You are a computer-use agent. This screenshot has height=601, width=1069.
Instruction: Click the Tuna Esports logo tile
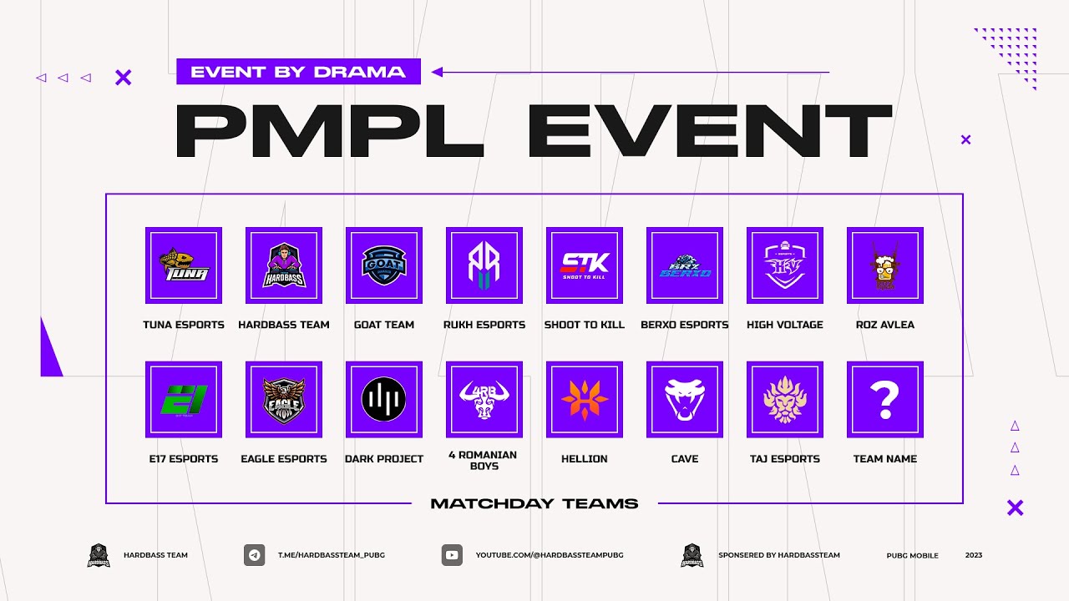tap(184, 265)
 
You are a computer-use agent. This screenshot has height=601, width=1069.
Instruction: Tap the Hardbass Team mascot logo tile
tap(284, 265)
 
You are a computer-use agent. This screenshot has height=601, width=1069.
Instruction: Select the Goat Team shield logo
tap(384, 265)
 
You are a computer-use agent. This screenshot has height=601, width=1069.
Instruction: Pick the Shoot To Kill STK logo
tap(585, 265)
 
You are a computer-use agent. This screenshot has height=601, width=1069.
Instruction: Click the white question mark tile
tap(885, 400)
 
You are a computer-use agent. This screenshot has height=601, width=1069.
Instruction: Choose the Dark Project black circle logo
tap(384, 400)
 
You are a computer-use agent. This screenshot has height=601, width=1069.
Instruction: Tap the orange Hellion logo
tap(585, 400)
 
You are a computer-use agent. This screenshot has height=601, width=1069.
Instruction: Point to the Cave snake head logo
tap(685, 400)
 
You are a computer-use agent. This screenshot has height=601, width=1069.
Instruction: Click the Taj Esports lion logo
tap(785, 400)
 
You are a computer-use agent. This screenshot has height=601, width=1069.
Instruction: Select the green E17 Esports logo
tap(184, 400)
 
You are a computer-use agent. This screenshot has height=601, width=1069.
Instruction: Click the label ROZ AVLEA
tap(885, 325)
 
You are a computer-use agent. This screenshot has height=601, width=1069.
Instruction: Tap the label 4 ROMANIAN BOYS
tap(484, 460)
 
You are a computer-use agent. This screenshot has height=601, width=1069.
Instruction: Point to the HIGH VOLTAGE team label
tap(785, 325)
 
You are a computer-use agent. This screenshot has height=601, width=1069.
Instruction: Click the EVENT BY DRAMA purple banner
tap(298, 72)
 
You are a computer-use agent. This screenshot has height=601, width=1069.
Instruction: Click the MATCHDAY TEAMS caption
tap(534, 503)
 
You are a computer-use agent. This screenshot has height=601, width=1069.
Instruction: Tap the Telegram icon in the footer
tap(255, 555)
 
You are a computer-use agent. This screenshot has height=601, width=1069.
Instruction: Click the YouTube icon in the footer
tap(452, 555)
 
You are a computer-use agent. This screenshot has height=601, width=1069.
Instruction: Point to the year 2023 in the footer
tap(974, 555)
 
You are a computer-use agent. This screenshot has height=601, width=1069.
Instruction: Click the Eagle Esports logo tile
tap(284, 400)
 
